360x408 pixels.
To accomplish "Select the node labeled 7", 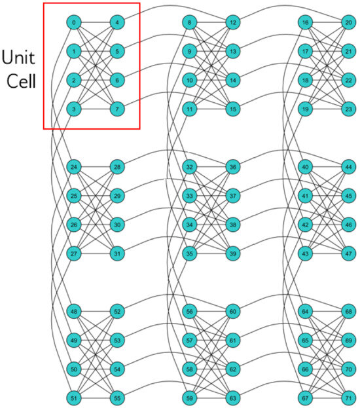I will pos(117,109).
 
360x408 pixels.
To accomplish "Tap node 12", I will pos(232,23).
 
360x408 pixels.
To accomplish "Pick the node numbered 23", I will pos(348,109).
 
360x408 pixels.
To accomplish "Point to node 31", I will pos(117,253).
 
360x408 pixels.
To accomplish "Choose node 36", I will pos(232,168).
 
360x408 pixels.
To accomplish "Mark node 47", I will pos(348,253).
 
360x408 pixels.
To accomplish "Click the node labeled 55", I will pos(117,398).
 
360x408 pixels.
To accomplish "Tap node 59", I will pos(190,398).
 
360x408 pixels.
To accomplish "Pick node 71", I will pos(348,398).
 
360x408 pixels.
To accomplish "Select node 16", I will pos(306,23).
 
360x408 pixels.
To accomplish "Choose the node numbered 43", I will pos(306,253).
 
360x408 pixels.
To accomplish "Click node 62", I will pos(232,369).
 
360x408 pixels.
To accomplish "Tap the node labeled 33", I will pos(190,196).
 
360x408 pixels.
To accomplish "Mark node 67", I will pos(306,398).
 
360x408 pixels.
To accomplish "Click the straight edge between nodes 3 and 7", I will pos(96,109).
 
